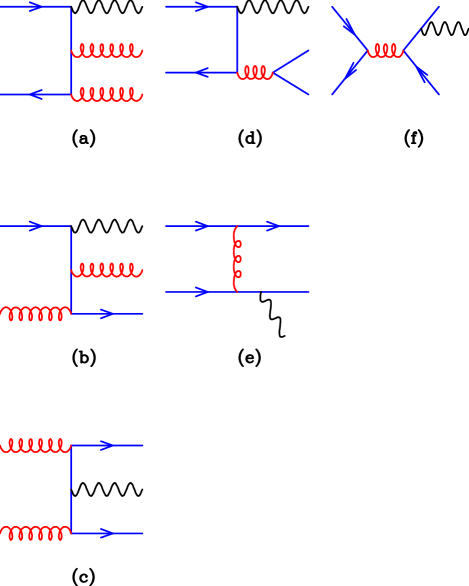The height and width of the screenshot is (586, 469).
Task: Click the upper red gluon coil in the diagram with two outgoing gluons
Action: (x=107, y=50)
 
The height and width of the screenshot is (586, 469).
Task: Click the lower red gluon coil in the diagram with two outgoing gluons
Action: (x=107, y=94)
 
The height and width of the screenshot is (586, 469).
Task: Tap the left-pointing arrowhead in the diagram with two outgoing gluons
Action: (x=36, y=94)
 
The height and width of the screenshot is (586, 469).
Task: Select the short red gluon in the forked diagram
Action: (x=255, y=72)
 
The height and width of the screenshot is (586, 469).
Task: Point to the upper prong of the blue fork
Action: (x=292, y=61)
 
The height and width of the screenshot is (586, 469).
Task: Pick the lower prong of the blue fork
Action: (x=292, y=84)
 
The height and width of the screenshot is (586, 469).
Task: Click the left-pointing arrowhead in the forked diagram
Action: (x=202, y=72)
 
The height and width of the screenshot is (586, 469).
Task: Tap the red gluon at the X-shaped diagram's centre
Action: (x=386, y=50)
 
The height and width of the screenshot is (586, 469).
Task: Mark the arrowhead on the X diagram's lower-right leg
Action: (x=423, y=76)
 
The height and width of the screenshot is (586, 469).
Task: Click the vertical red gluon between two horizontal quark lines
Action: (x=236, y=259)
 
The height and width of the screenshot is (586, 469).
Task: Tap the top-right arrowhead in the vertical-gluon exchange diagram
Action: (x=274, y=226)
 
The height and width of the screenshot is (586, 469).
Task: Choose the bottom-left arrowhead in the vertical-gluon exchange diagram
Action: (x=202, y=292)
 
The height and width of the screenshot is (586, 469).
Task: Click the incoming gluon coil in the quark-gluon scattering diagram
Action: (x=35, y=313)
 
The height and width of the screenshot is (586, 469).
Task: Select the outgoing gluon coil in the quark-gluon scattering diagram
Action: (x=107, y=270)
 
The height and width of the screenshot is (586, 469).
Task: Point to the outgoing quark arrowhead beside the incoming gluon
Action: (x=107, y=314)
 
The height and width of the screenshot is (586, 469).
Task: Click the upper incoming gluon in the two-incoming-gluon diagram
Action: (x=35, y=445)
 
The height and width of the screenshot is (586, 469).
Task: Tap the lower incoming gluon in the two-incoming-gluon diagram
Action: (x=35, y=533)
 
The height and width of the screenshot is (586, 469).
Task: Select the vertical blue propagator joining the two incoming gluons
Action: (x=71, y=490)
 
